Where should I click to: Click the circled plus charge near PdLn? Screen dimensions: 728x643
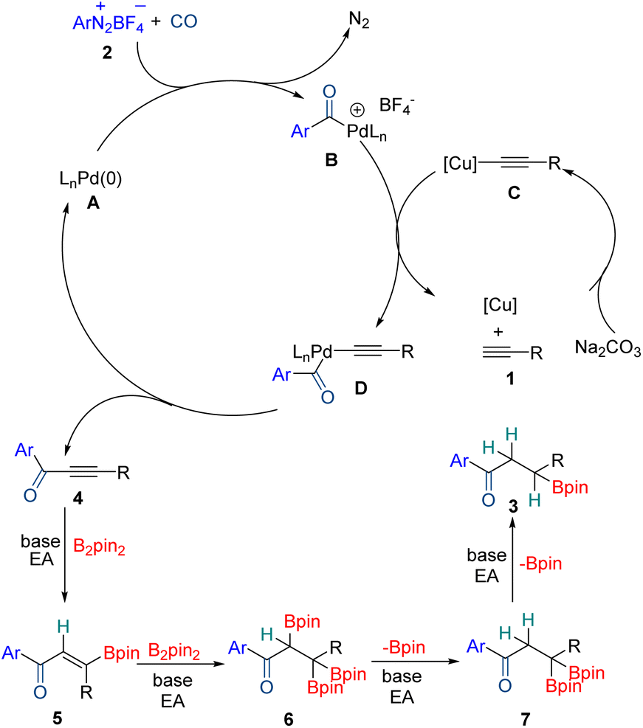click(x=356, y=109)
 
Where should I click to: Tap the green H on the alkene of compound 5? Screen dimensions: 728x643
click(x=64, y=625)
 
